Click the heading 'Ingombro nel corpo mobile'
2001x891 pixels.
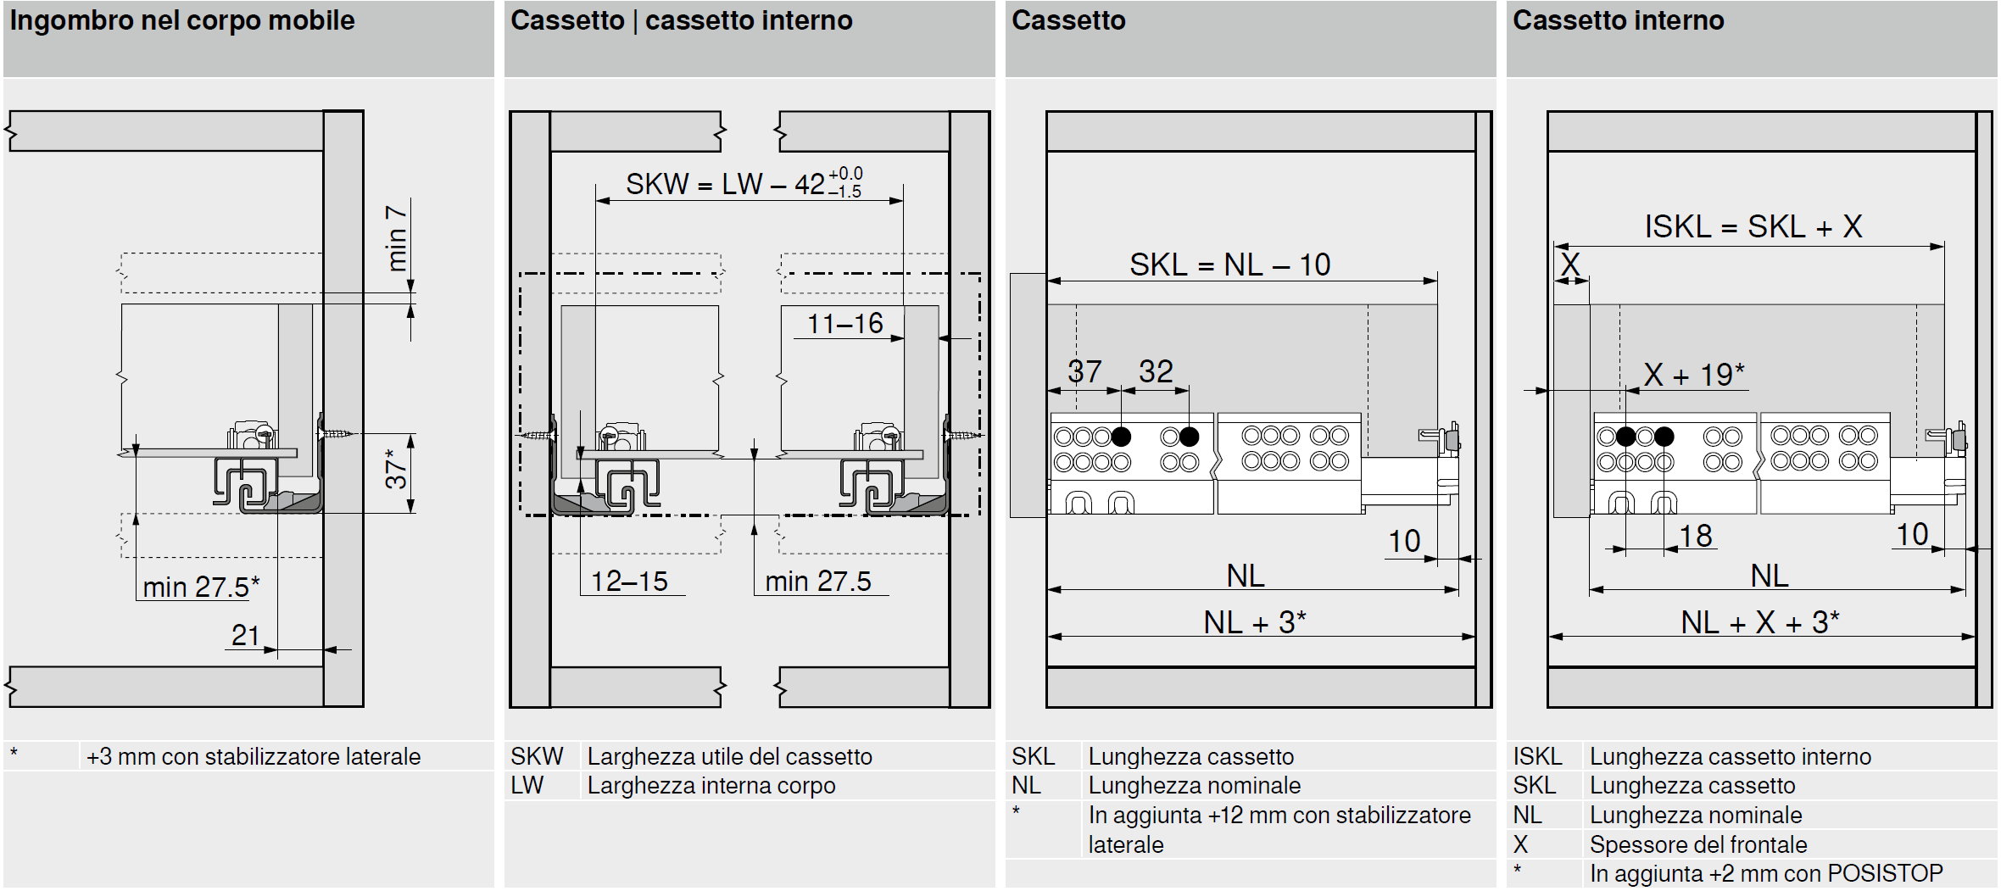click(182, 20)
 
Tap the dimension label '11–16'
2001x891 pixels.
click(844, 323)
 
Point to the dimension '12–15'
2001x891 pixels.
click(629, 582)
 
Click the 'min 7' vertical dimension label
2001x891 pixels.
click(396, 238)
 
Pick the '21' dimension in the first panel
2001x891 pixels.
click(246, 635)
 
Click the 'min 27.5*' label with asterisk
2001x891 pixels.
click(201, 587)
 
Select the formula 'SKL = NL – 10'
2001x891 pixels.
click(1229, 265)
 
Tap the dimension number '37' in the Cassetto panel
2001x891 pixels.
click(1084, 371)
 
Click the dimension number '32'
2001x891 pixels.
click(1156, 371)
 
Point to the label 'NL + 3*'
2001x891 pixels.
click(1255, 623)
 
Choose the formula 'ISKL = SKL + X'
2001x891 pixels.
click(1753, 227)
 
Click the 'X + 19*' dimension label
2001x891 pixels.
click(1694, 375)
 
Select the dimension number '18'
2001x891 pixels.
click(1696, 536)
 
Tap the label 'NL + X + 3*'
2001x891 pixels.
click(1760, 623)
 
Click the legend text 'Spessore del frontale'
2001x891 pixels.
click(1698, 844)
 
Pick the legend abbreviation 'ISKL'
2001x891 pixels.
click(1537, 756)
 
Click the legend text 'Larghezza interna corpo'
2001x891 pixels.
click(711, 786)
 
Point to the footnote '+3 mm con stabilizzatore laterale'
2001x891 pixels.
click(254, 756)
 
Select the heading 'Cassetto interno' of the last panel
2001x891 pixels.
click(1618, 20)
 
